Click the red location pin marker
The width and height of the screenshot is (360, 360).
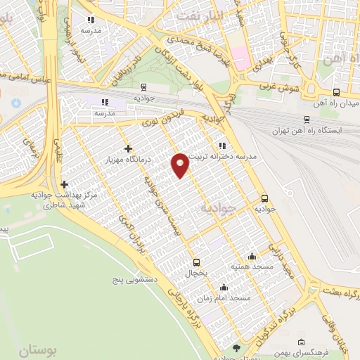point(181,165)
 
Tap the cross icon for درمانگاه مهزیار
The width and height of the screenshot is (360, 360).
point(127,148)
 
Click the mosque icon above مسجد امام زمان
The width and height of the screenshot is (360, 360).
point(224,287)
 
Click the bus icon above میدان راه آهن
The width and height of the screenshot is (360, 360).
point(336,92)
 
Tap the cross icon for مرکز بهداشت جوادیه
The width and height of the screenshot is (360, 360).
point(64,184)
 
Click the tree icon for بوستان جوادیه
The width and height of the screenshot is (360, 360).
point(236,347)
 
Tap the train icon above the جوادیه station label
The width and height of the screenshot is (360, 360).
point(143,88)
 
